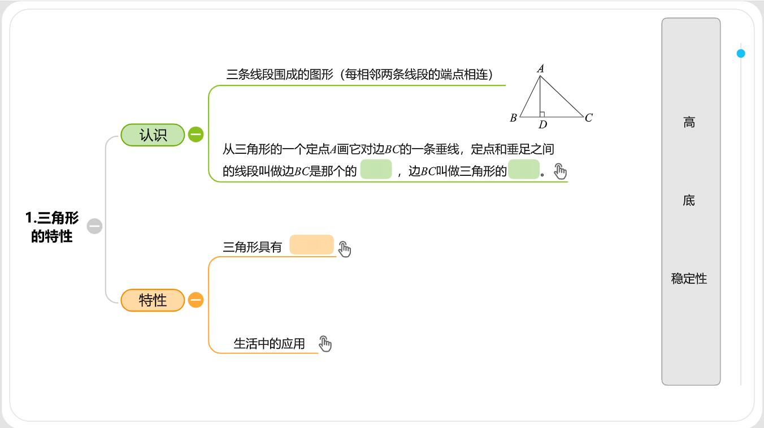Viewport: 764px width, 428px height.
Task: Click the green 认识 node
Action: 153,135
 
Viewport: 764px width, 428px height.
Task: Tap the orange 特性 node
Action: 153,300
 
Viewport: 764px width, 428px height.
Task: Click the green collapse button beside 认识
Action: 196,135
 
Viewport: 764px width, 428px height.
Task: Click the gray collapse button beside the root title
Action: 94,226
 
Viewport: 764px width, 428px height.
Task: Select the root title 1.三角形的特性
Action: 52,227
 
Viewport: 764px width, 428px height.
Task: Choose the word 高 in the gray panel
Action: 689,122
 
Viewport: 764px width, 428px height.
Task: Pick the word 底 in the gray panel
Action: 689,200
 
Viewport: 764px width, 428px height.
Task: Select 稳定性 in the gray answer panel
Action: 689,279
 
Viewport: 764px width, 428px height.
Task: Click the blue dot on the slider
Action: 741,53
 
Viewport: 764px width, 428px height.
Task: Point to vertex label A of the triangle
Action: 540,69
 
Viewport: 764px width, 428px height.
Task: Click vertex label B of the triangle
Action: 513,118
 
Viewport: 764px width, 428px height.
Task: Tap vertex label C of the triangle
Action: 589,118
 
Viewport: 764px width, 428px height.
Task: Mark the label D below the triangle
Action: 542,124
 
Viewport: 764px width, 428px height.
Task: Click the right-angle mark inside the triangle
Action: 542,114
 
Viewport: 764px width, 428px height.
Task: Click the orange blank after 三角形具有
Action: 311,244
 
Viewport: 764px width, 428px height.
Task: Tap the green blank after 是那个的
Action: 376,169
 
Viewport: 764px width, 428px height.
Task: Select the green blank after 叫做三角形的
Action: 523,169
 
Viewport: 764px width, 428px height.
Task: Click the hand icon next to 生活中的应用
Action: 325,343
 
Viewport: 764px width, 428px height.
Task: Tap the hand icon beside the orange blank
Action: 345,249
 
